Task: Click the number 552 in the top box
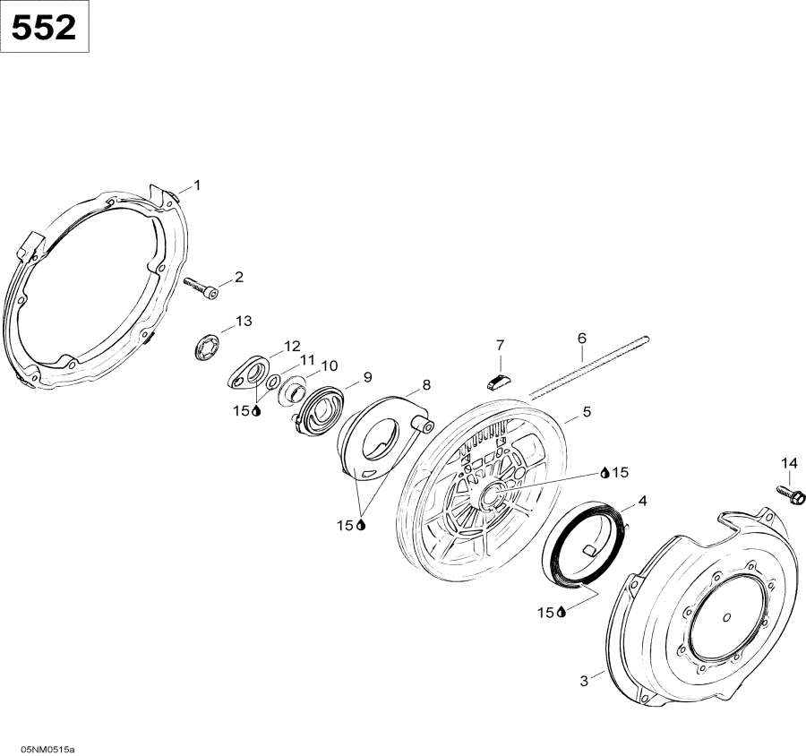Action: click(x=44, y=28)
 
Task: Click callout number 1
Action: click(x=197, y=185)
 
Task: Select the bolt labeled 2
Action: click(x=201, y=288)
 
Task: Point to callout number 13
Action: click(x=244, y=322)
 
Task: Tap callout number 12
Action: click(x=293, y=346)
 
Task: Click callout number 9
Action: click(x=367, y=377)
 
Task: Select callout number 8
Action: click(x=426, y=384)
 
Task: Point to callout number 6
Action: click(x=582, y=339)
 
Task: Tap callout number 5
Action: click(x=587, y=411)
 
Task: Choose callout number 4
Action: click(x=642, y=501)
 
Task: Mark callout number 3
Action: click(x=583, y=681)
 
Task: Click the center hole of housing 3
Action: click(x=726, y=616)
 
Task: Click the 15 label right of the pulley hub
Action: click(x=621, y=472)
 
